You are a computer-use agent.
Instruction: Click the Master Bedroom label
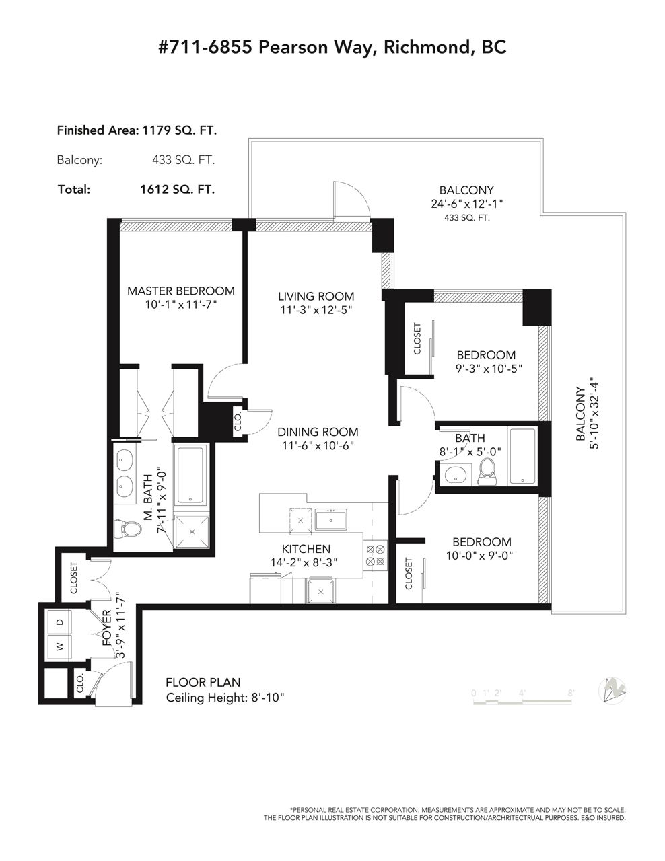(180, 291)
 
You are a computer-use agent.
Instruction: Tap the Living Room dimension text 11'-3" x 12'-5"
(316, 310)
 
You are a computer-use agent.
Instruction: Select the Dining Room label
(318, 431)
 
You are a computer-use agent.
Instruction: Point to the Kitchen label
(306, 549)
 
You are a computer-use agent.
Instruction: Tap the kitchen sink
(331, 520)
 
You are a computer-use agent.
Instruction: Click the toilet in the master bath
(128, 529)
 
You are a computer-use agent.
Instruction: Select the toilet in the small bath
(487, 472)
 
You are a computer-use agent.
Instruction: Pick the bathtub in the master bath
(191, 475)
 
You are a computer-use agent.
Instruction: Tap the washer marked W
(59, 647)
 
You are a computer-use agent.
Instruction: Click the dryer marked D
(59, 622)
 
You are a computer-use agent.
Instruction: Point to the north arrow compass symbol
(612, 691)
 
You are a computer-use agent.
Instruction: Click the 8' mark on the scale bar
(571, 693)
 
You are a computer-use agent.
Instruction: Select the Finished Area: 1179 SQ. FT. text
(137, 130)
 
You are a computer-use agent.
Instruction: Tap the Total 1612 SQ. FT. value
(178, 190)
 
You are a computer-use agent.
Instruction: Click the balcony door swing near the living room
(351, 200)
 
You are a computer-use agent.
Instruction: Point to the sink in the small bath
(456, 475)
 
